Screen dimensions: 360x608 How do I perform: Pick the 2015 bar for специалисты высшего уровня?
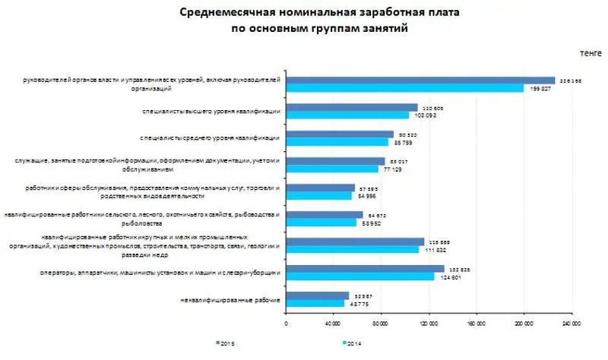point(352,107)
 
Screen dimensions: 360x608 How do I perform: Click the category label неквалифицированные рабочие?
point(238,299)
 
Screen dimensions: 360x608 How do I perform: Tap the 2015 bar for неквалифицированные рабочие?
point(318,295)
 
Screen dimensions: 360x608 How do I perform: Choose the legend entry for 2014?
point(351,345)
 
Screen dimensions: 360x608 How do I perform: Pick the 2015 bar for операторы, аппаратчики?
point(365,268)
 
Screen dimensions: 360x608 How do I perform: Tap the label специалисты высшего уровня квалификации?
point(211,111)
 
